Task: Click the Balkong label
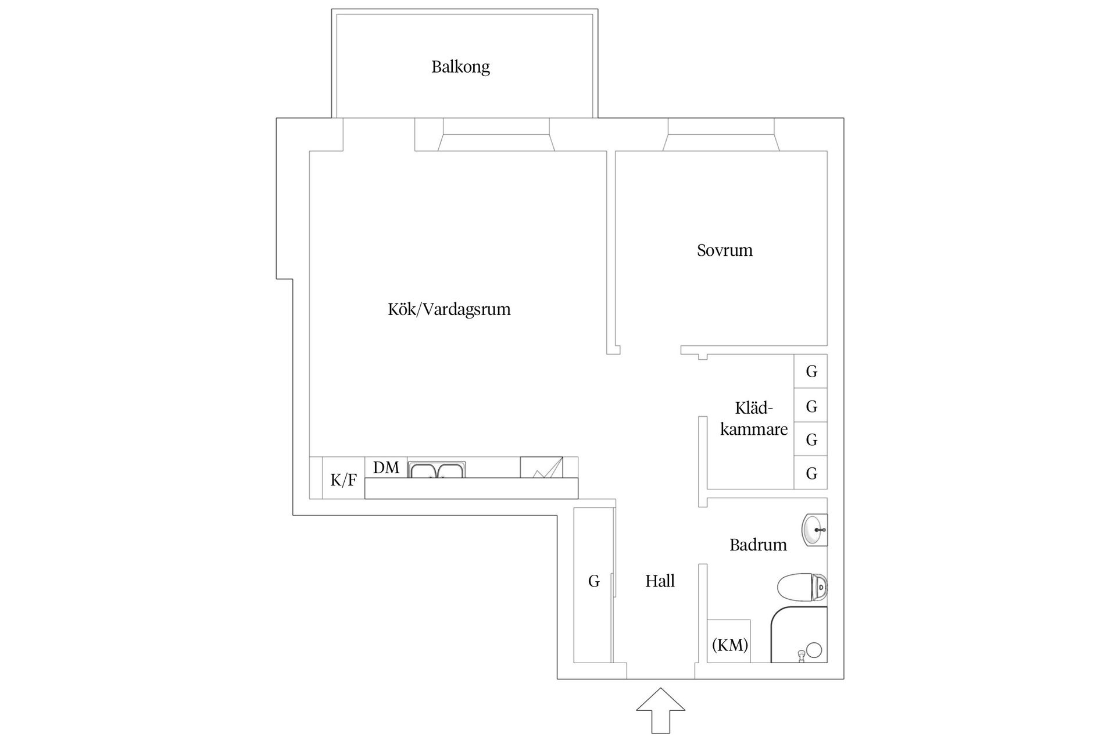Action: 460,67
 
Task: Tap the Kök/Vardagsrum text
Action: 449,309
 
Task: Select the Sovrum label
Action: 724,251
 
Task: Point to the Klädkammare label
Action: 753,419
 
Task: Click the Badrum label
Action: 757,545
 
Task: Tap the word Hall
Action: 660,581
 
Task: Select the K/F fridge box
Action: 343,480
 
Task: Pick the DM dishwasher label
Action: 386,467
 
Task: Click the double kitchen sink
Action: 437,470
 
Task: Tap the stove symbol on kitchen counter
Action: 541,467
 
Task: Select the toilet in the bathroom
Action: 802,588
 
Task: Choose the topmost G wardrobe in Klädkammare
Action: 811,371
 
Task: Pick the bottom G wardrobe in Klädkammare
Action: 811,473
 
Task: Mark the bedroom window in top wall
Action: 721,134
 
